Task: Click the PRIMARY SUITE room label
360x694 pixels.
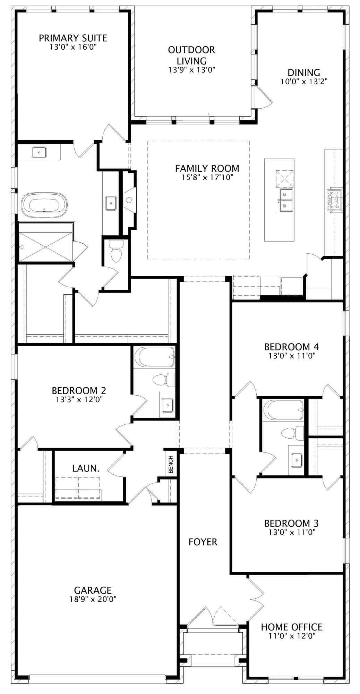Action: tap(73, 38)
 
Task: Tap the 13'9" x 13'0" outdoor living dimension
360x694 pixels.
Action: tap(192, 70)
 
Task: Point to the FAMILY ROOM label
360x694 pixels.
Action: tap(207, 168)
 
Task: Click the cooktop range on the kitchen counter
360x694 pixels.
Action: tap(335, 201)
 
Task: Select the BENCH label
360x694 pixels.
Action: tap(171, 464)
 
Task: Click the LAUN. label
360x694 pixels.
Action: tap(86, 468)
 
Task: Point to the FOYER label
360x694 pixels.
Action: tap(203, 542)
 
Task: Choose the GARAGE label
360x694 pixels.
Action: tap(93, 590)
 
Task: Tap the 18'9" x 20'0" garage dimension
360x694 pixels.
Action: tap(93, 599)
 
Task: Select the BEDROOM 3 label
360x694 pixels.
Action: tap(291, 523)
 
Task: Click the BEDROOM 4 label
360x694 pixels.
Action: tap(291, 347)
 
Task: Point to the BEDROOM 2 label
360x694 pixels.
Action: tap(79, 390)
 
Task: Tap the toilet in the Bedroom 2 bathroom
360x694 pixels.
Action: tap(164, 380)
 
